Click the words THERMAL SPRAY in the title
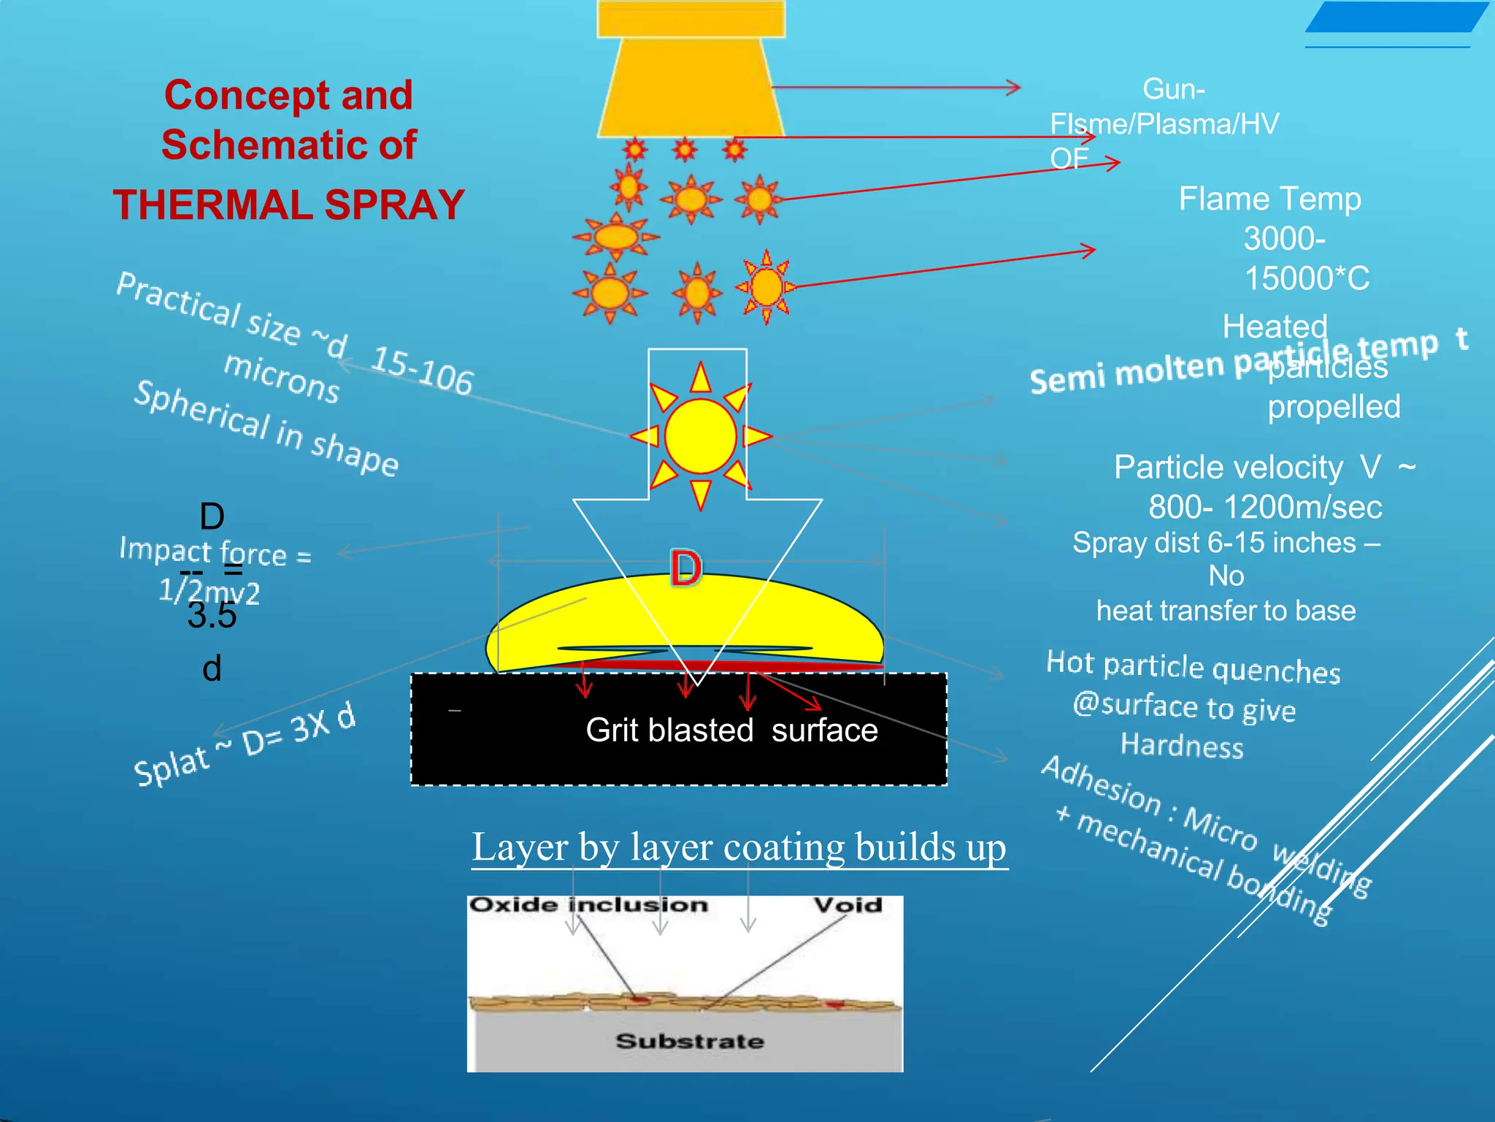tap(288, 205)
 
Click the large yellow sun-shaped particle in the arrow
tap(700, 435)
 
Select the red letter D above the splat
tap(686, 569)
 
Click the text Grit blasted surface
tap(731, 730)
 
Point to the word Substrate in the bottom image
tap(690, 1040)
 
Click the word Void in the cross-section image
tap(848, 905)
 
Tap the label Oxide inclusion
tap(588, 905)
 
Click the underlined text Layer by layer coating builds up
tap(739, 847)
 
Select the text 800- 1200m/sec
tap(1265, 507)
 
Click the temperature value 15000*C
tap(1307, 278)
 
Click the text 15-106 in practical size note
tap(423, 370)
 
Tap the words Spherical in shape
tap(266, 428)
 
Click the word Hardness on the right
tap(1182, 746)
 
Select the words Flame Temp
tap(1269, 199)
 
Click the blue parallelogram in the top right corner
tap(1396, 17)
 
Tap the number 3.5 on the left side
tap(212, 615)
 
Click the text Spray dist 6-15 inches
tap(1214, 543)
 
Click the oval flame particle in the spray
tap(616, 237)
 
